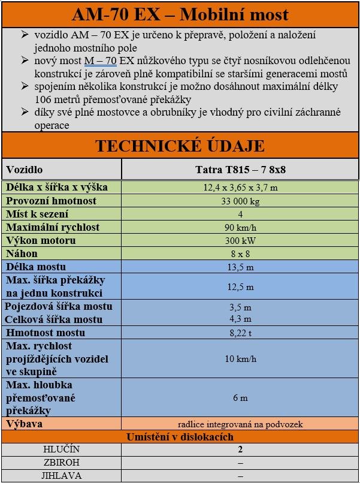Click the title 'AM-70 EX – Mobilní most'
[180, 14]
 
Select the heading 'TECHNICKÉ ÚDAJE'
[180, 146]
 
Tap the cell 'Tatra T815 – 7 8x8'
[240, 170]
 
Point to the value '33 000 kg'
[240, 201]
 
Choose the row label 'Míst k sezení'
[38, 214]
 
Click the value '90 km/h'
[240, 228]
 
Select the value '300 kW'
[240, 241]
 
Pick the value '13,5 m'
[240, 267]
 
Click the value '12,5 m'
[240, 287]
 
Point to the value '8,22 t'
[240, 333]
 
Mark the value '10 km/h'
[240, 360]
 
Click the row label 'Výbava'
[25, 424]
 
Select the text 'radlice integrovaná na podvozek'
[240, 424]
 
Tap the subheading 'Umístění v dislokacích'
[180, 437]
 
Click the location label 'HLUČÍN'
[61, 449]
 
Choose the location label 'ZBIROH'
[61, 463]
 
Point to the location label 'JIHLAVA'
[61, 476]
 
